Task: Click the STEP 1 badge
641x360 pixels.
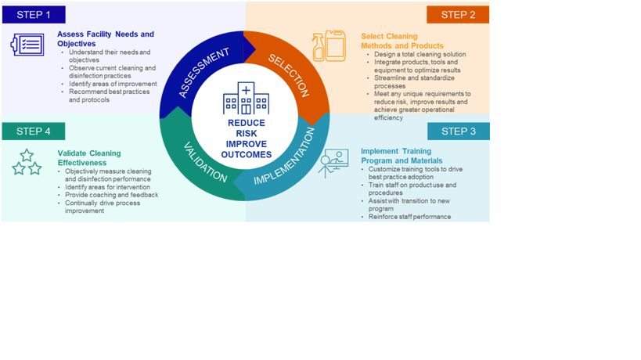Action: tap(34, 14)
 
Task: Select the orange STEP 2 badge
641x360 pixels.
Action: tap(458, 14)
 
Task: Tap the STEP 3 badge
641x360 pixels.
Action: tap(458, 131)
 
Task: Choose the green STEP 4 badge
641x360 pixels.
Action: tap(34, 131)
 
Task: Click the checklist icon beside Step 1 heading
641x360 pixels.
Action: tap(27, 45)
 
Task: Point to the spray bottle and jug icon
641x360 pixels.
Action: tap(329, 46)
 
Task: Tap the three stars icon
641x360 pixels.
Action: tap(27, 163)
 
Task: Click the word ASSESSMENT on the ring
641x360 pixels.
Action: tap(203, 72)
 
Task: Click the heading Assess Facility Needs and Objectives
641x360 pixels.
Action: tap(105, 38)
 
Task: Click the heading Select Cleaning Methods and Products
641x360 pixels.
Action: tap(400, 41)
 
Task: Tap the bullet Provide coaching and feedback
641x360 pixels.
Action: tap(111, 195)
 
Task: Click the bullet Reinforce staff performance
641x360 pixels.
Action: tap(409, 217)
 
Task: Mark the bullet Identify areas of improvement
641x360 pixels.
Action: tap(112, 84)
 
